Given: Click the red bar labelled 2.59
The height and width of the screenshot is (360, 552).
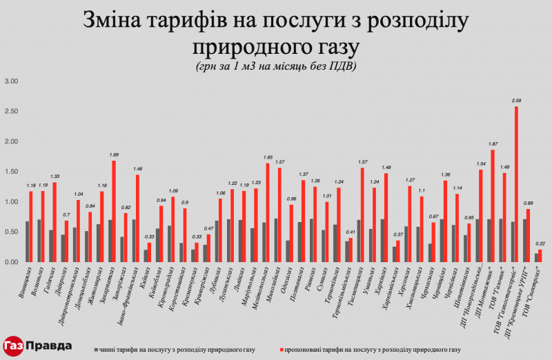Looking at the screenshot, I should pyautogui.click(x=516, y=184).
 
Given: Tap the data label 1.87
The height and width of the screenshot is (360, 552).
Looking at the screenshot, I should pyautogui.click(x=493, y=143).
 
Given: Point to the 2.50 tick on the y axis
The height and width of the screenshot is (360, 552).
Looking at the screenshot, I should pyautogui.click(x=12, y=112).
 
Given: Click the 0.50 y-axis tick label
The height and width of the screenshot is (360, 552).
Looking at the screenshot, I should pyautogui.click(x=12, y=232).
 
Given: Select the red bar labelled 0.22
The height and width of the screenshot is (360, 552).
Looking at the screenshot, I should pyautogui.click(x=540, y=256).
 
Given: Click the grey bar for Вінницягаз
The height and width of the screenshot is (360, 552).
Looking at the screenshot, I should pyautogui.click(x=28, y=241).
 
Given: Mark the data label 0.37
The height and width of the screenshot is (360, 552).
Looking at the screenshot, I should pyautogui.click(x=397, y=234).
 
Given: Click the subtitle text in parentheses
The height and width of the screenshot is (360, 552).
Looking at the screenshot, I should pyautogui.click(x=276, y=66).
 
